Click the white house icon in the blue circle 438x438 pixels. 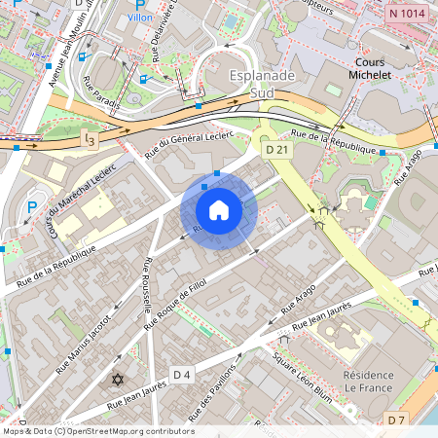point(218,210)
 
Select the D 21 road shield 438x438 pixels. point(276,150)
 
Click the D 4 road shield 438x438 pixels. point(182,375)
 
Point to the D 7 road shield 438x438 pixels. point(395,420)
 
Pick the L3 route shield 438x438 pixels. point(90,140)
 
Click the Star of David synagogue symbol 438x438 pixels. point(119,379)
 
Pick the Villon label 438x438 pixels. point(142,17)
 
